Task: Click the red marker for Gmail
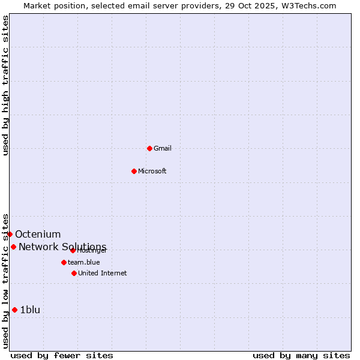coord(149,148)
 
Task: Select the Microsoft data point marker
coord(134,171)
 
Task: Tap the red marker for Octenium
coord(10,234)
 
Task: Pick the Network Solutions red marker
coord(13,247)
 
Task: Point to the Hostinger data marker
coord(73,250)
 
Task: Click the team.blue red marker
coord(64,262)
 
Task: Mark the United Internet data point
coord(74,273)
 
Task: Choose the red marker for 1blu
coord(14,310)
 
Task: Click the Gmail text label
coord(163,148)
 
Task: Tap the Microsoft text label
coord(152,171)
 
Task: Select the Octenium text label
coord(38,234)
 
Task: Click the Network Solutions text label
coord(62,247)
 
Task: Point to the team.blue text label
coord(83,262)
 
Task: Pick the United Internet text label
coord(102,273)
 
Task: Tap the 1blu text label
coord(30,310)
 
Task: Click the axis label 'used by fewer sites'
coord(62,355)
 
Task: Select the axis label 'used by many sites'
coord(301,355)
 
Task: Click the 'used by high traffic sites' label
coord(5,85)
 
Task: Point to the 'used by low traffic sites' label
coord(5,280)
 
